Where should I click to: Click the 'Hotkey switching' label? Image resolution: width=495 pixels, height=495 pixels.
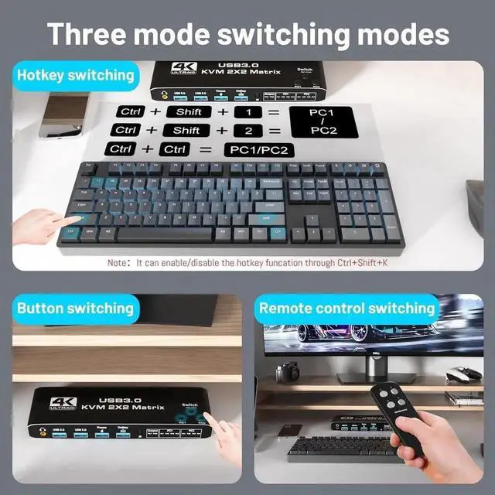75,75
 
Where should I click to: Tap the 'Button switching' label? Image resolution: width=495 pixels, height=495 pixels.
75,308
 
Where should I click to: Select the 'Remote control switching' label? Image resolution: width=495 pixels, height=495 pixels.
346,308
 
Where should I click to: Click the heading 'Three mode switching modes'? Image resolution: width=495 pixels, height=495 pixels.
247,34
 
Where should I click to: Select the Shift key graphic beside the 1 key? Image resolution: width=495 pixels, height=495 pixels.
188,111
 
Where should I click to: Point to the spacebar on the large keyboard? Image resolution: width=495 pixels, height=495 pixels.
165,233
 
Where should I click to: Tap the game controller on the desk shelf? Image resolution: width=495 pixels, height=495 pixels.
465,375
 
